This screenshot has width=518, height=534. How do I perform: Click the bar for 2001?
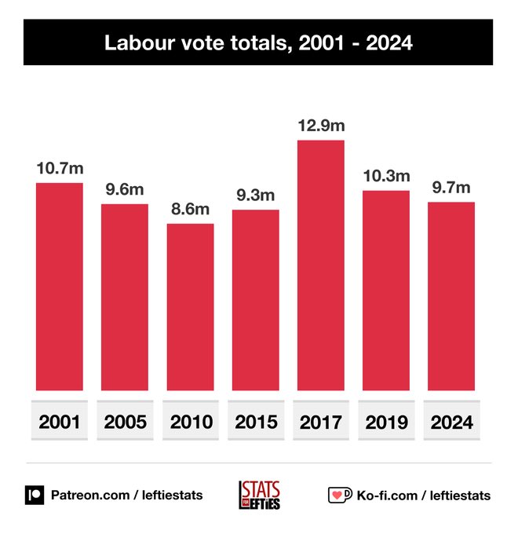coord(60,287)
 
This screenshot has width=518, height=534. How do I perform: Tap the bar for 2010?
coord(190,307)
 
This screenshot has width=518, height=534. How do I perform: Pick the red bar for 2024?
coord(451,296)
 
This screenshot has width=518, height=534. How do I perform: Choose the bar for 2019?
coord(385,291)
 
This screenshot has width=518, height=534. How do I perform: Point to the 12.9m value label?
coord(320,126)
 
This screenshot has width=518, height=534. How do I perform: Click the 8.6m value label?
coord(190,209)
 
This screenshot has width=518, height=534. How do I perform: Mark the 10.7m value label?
coord(60,168)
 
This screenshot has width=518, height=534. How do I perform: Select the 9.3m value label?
coord(255,195)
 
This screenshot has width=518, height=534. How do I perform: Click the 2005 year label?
coord(125,422)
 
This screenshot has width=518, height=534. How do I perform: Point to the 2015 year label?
coord(255,422)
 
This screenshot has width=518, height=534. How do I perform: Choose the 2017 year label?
coord(320,422)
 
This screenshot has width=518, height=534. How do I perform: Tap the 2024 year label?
coord(451,422)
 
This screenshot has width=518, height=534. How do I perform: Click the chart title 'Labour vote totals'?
coord(258,43)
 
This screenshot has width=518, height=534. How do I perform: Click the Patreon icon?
coord(35,496)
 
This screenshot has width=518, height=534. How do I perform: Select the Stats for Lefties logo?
coord(259,496)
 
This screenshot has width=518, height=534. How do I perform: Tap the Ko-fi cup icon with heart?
coord(339,496)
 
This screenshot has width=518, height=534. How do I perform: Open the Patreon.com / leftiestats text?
coord(126,496)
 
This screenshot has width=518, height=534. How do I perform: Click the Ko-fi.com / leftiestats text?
coord(424,496)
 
